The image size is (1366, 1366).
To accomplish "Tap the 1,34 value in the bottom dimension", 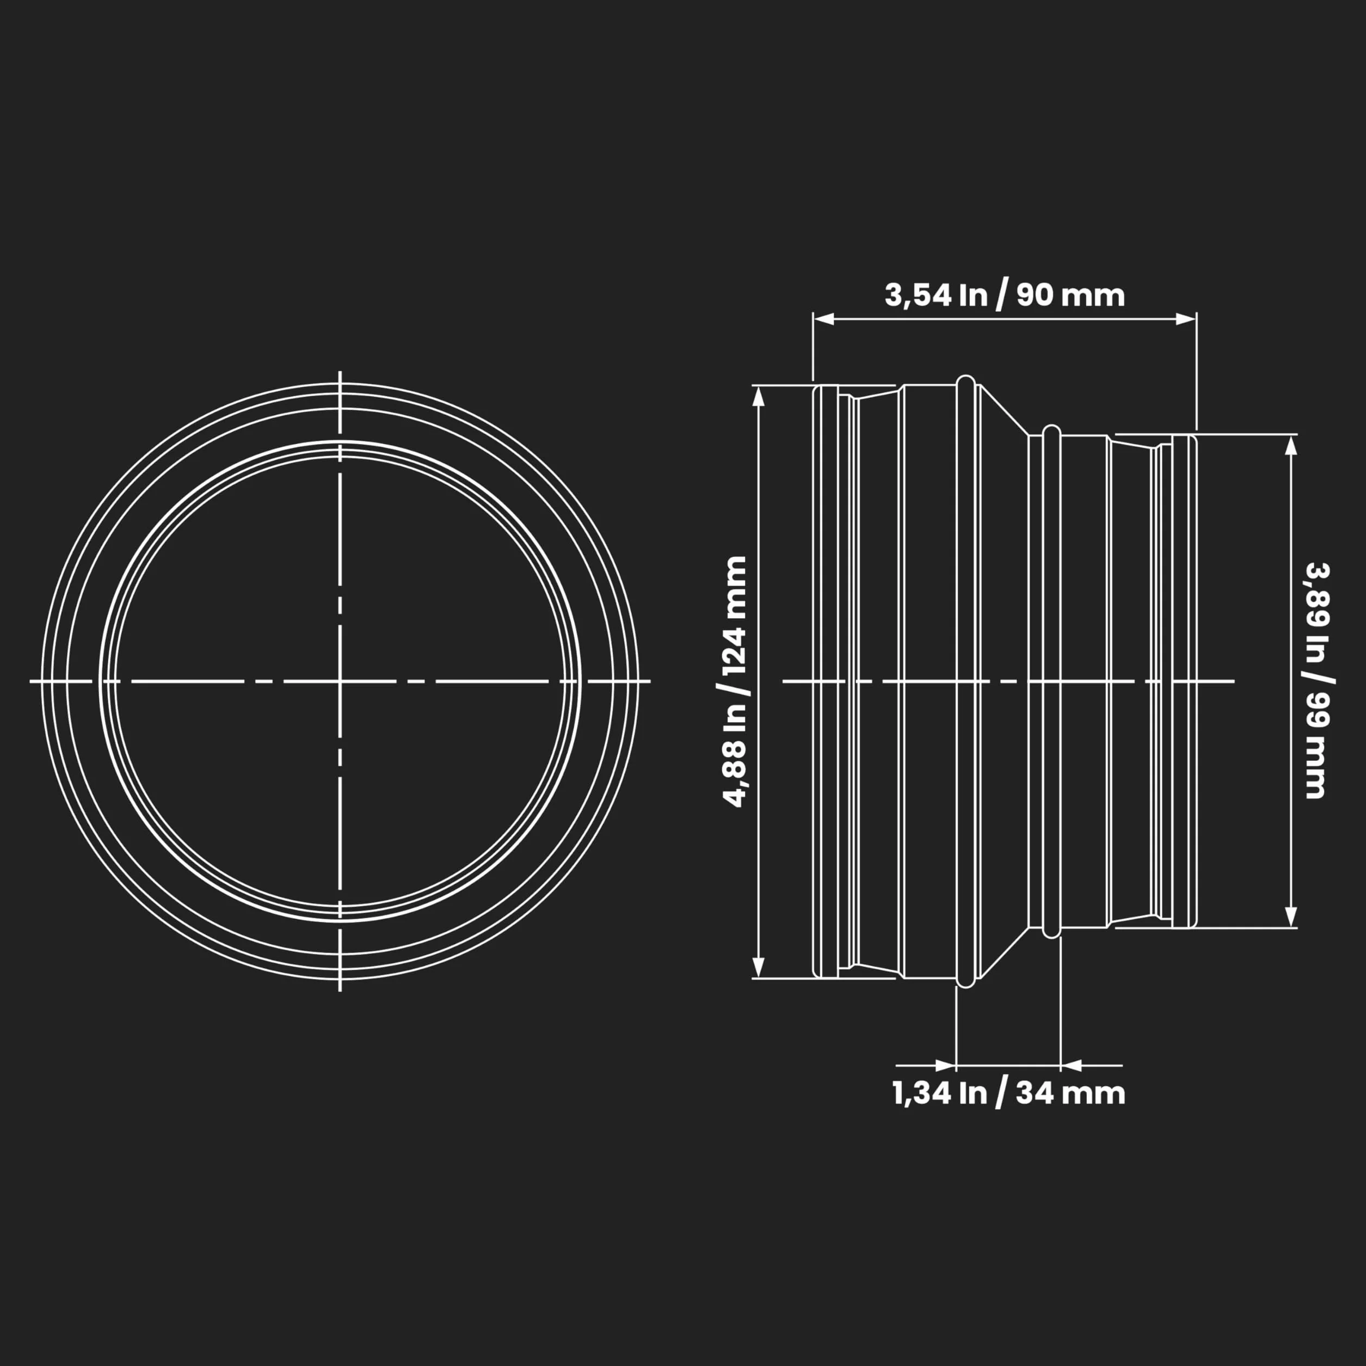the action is pyautogui.click(x=922, y=1094).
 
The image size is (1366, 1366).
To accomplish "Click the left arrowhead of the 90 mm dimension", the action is pyautogui.click(x=823, y=319).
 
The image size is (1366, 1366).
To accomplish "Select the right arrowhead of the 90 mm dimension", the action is pyautogui.click(x=1186, y=319).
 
